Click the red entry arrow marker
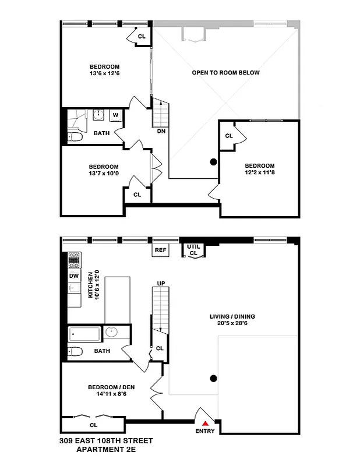[205, 423]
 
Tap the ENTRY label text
[205, 431]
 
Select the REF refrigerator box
[160, 250]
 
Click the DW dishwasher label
[74, 276]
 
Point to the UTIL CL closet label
[193, 250]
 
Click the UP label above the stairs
[161, 283]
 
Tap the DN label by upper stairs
[161, 131]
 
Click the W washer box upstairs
[115, 115]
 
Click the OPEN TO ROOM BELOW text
[225, 73]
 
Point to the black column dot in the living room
[214, 379]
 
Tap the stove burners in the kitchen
[74, 258]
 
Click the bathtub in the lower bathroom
[85, 334]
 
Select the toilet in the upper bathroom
[74, 137]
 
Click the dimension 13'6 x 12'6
[104, 74]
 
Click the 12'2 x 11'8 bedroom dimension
[259, 172]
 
